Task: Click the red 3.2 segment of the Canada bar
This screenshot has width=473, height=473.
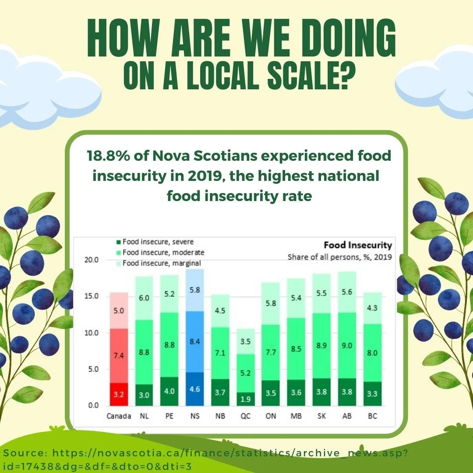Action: coord(119,394)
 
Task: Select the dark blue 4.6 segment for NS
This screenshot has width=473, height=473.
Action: coord(195,389)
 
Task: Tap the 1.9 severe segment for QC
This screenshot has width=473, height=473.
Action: coord(246,399)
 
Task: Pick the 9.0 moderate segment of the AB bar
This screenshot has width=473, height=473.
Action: coord(347,346)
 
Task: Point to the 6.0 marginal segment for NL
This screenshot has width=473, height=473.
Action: coord(144,298)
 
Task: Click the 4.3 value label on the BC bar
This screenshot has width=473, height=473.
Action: coord(372,308)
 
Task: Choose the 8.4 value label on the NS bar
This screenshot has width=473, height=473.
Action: coord(195,342)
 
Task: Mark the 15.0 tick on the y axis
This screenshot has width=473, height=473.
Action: coord(92,296)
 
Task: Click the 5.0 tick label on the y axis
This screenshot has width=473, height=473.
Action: coord(93,369)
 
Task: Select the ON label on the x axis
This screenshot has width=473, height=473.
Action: coord(271,416)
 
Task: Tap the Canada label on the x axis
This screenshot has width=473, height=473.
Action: coord(119,416)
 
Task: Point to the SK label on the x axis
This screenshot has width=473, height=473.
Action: coord(321,416)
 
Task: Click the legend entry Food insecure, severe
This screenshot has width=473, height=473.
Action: coord(155,242)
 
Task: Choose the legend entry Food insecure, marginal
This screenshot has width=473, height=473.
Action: coord(159,263)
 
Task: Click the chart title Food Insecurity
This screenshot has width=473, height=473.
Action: coord(358,245)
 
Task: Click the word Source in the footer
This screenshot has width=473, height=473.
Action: coord(24,453)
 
